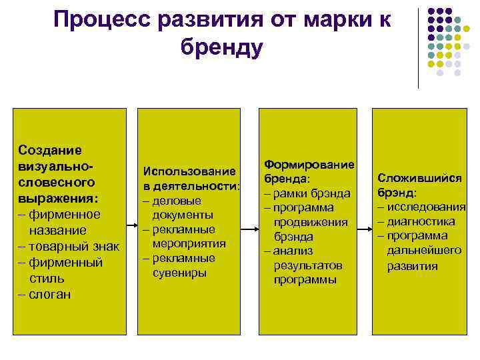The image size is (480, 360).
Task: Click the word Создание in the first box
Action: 49,149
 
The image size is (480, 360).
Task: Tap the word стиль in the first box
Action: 47,278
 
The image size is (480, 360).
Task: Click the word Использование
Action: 189,171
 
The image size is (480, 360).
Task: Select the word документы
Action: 183,215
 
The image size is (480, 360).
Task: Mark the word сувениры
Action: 179,272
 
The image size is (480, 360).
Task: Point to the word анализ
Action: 292,251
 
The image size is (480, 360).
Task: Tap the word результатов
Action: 307,265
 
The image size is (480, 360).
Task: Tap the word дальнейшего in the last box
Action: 424,251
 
